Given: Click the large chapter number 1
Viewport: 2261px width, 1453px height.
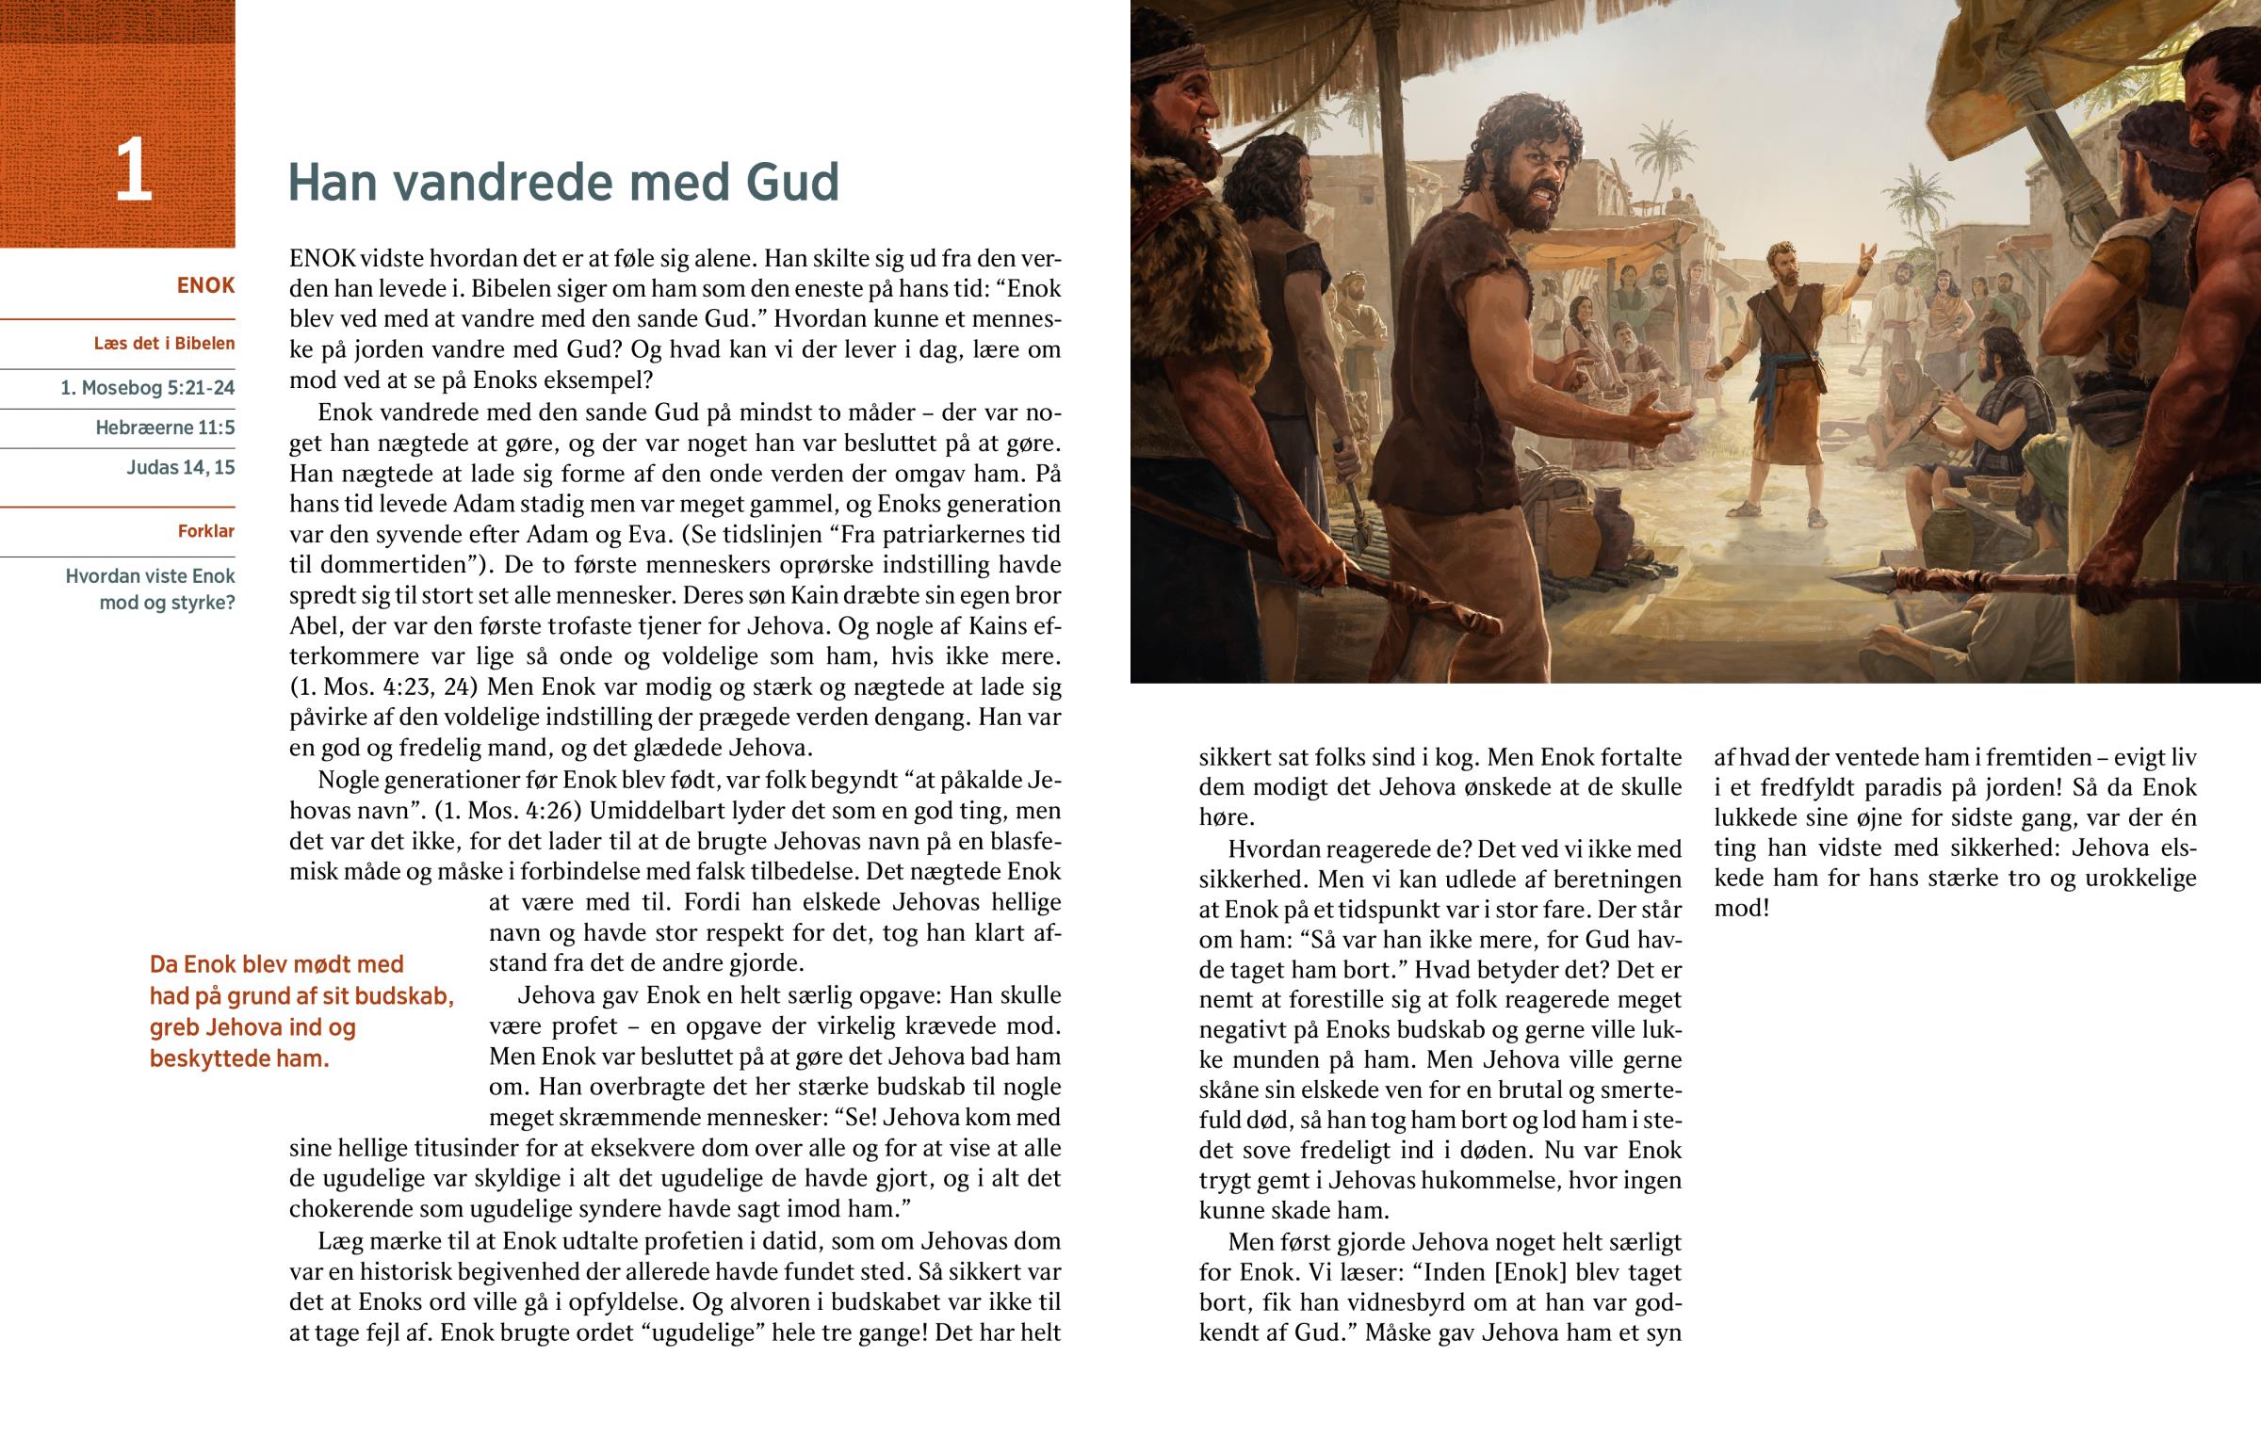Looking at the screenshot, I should pyautogui.click(x=133, y=170).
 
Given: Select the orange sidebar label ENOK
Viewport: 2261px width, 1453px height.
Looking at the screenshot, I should pyautogui.click(x=204, y=286).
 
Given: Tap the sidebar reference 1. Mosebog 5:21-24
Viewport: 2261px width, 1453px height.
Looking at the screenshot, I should pyautogui.click(x=147, y=388).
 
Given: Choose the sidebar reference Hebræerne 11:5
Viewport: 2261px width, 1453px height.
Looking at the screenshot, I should pyautogui.click(x=164, y=428).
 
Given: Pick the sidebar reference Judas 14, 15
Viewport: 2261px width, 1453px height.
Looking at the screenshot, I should pyautogui.click(x=180, y=467).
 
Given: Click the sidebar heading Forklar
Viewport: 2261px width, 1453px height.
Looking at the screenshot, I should pyautogui.click(x=205, y=531).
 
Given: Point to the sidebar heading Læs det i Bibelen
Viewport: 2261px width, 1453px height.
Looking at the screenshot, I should pyautogui.click(x=164, y=344).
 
